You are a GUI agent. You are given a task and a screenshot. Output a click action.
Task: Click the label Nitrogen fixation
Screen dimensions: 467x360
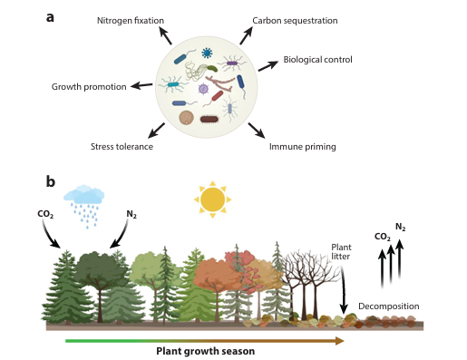(x=131, y=21)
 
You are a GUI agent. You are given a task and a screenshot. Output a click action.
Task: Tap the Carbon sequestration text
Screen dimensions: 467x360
(x=295, y=21)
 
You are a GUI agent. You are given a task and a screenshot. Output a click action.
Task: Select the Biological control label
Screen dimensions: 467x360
(x=317, y=60)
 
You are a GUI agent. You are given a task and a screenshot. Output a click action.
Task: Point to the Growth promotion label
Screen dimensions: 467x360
(x=89, y=87)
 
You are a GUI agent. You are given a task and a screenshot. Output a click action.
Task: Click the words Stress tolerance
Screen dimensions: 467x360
(x=122, y=147)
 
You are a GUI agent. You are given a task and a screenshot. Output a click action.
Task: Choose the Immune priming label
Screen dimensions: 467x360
(x=303, y=147)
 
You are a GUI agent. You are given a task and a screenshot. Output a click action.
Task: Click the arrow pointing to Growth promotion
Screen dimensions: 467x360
(x=141, y=85)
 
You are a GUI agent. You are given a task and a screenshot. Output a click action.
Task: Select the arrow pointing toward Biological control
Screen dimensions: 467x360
(x=268, y=65)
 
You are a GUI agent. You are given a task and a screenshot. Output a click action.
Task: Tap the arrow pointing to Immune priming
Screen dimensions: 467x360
(x=257, y=131)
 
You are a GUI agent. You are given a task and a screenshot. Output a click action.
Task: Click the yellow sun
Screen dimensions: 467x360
(x=212, y=199)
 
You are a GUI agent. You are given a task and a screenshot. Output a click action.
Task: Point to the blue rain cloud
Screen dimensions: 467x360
(x=84, y=194)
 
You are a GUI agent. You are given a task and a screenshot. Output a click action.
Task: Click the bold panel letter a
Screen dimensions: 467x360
(x=50, y=17)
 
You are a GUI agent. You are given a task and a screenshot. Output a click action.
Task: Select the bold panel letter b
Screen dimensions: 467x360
(x=51, y=182)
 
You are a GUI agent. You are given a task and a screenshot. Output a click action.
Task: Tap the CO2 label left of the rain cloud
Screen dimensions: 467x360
(x=45, y=214)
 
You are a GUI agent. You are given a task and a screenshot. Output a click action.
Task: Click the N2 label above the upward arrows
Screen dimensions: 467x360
(x=401, y=227)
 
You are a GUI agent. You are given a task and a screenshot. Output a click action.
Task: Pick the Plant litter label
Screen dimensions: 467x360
(x=341, y=252)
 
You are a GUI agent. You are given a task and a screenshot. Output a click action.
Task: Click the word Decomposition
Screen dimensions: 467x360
(x=389, y=306)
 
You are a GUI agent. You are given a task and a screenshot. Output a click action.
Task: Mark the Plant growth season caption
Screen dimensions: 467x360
(x=206, y=351)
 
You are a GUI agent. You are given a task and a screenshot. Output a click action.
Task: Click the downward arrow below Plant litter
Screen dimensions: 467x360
(x=343, y=290)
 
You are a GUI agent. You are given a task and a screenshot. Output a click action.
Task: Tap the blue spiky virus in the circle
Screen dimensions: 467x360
(x=207, y=53)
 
